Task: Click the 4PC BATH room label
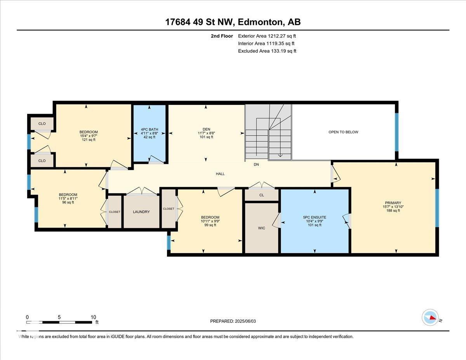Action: pyautogui.click(x=150, y=129)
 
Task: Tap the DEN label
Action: pyautogui.click(x=206, y=129)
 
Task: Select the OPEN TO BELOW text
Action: pyautogui.click(x=343, y=132)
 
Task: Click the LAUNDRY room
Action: pyautogui.click(x=141, y=212)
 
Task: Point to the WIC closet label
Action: pyautogui.click(x=262, y=228)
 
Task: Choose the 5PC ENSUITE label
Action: pyautogui.click(x=315, y=217)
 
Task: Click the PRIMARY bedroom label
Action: pyautogui.click(x=393, y=203)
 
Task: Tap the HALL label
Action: pyautogui.click(x=220, y=174)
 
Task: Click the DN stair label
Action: pyautogui.click(x=256, y=164)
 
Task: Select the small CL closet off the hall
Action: pyautogui.click(x=262, y=195)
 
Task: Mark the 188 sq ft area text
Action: pyautogui.click(x=393, y=210)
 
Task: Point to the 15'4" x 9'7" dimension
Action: pyautogui.click(x=89, y=136)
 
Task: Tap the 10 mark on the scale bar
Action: pyautogui.click(x=93, y=317)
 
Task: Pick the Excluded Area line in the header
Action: pyautogui.click(x=267, y=51)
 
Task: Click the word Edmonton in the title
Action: pyautogui.click(x=260, y=22)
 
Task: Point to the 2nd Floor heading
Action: pyautogui.click(x=222, y=36)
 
